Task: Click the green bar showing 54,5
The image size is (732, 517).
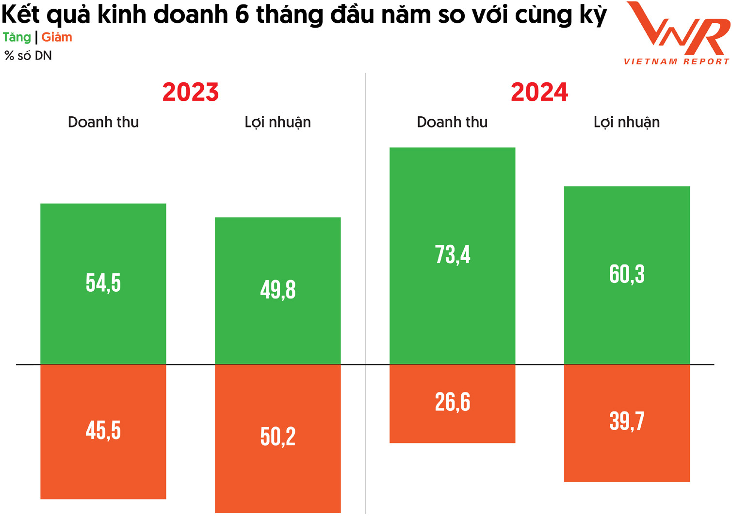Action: [x=103, y=283]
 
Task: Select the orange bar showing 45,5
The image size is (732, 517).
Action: [x=103, y=431]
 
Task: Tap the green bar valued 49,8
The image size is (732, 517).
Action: [x=277, y=290]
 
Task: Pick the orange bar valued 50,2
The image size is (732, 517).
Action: [x=277, y=438]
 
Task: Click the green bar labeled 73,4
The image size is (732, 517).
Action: [x=452, y=255]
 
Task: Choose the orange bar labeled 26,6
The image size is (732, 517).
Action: [x=452, y=403]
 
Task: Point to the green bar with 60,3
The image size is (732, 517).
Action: [x=627, y=275]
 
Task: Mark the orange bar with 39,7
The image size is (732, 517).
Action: [x=627, y=423]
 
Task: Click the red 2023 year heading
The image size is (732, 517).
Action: [x=191, y=92]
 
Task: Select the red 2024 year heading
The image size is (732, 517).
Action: [x=539, y=92]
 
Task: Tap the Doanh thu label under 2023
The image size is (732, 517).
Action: [x=103, y=122]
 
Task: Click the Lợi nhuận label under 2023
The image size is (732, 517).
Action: [x=277, y=122]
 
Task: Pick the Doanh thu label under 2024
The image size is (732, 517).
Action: [x=452, y=122]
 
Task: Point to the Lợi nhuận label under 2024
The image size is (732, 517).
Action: [x=627, y=122]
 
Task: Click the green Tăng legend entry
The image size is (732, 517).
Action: [x=17, y=37]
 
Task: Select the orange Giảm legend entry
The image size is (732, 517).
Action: [x=57, y=37]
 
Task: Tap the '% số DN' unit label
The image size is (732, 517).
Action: [x=28, y=56]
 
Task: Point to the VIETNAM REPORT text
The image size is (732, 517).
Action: [x=677, y=62]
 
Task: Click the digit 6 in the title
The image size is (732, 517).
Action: [x=242, y=15]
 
